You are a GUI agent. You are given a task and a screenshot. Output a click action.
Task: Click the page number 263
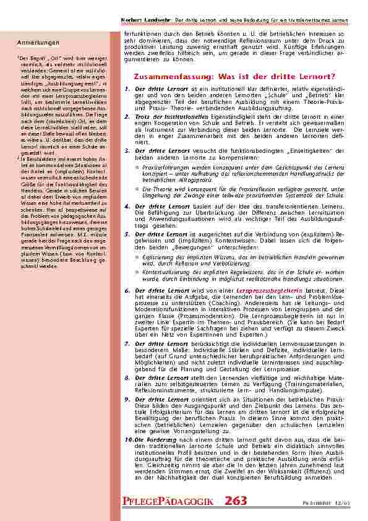pyautogui.click(x=236, y=501)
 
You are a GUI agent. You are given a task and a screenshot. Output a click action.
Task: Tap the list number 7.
pyautogui.click(x=127, y=343)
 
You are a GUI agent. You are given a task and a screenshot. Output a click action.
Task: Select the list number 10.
pyautogui.click(x=129, y=439)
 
